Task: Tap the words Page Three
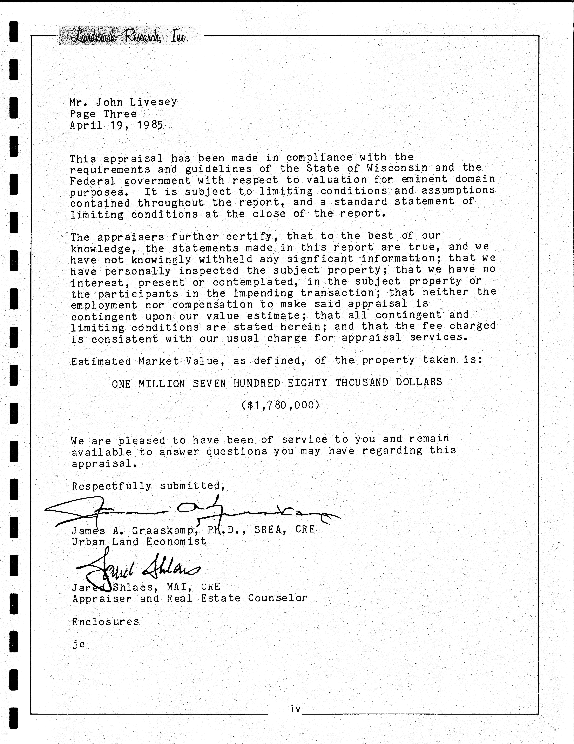point(103,114)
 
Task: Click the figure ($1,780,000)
point(281,405)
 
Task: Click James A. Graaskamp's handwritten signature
point(191,511)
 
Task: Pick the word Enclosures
point(105,622)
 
